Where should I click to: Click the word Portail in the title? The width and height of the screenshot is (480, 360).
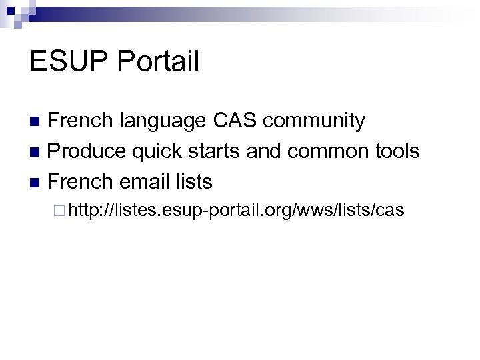158,61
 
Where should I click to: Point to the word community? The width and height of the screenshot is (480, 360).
315,121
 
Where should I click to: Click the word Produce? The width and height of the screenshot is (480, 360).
87,151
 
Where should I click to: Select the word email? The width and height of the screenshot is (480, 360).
145,181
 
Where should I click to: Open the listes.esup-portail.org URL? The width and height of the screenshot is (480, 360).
237,211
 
